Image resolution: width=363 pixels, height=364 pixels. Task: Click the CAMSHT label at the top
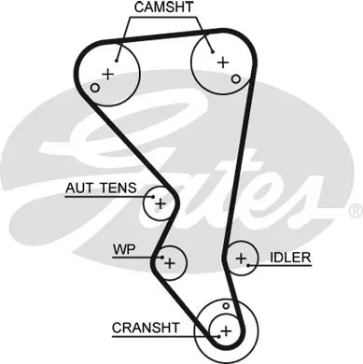coord(164,7)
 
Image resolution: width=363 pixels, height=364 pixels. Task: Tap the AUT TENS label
coord(101,188)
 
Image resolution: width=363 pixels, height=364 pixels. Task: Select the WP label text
coord(124,249)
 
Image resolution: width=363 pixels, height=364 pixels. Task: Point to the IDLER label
coord(290,258)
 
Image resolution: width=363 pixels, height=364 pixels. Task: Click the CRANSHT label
coord(146,328)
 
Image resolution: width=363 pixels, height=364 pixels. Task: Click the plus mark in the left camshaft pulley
coord(108,74)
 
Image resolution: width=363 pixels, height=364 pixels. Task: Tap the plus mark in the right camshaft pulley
coord(223,63)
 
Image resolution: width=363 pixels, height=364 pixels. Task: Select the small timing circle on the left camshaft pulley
coord(95,88)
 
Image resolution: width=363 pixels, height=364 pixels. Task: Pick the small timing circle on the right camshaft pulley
coord(236,79)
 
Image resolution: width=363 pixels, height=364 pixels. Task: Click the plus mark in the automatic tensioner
coord(161,204)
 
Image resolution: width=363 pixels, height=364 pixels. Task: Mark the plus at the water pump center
coord(170,263)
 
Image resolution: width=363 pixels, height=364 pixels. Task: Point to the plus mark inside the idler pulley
coord(241,259)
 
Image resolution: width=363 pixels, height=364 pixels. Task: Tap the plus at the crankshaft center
coord(226,330)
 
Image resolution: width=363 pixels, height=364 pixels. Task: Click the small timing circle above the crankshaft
coord(226,306)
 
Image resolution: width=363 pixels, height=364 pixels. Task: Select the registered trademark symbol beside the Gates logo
coord(356,211)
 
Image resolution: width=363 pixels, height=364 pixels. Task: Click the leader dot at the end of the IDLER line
coord(248,265)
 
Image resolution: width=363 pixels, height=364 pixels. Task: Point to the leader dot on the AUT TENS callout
coord(153,197)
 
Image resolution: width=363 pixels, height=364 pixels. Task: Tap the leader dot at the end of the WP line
coord(162,258)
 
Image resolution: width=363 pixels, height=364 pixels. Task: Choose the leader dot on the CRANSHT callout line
coord(218,336)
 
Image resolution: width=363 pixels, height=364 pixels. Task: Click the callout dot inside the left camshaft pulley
coord(117,61)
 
